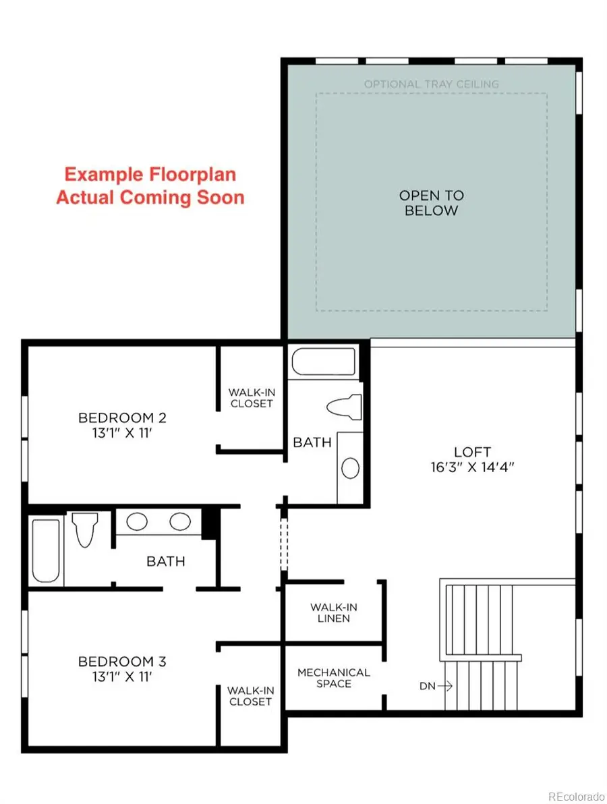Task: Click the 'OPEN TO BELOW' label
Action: [x=432, y=202]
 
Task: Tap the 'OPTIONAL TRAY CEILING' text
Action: [x=432, y=84]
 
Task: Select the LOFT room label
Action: [x=472, y=452]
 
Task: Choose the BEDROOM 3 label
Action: [x=122, y=661]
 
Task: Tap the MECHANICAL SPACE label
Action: [x=334, y=678]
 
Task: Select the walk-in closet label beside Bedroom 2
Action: [x=251, y=397]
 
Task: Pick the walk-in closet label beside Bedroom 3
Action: [x=250, y=695]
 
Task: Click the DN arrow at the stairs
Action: [x=435, y=687]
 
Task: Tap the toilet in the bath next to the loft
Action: [x=343, y=407]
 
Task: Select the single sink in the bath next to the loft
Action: [x=350, y=467]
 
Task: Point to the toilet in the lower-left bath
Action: [x=84, y=529]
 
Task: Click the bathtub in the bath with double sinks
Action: [x=46, y=550]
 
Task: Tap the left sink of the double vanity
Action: [x=138, y=521]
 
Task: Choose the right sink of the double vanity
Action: [x=180, y=521]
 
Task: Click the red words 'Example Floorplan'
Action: [x=150, y=174]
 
